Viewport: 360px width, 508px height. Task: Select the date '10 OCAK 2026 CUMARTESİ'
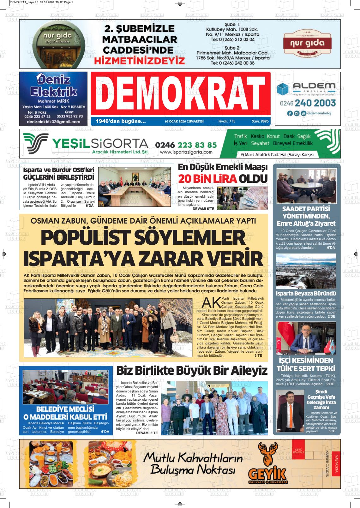pos(184,121)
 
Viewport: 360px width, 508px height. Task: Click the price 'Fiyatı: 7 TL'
pos(227,121)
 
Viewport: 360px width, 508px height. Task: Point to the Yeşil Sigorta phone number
pos(186,145)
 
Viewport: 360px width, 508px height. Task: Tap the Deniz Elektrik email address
pos(53,122)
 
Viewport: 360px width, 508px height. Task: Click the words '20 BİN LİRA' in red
pos(207,179)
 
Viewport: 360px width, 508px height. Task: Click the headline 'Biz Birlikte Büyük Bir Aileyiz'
pos(192,370)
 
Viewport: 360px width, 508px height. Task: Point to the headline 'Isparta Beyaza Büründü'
pos(306,293)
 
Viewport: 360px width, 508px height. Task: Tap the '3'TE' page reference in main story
pos(258,356)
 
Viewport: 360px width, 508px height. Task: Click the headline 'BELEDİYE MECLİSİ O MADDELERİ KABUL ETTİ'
pos(66,412)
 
